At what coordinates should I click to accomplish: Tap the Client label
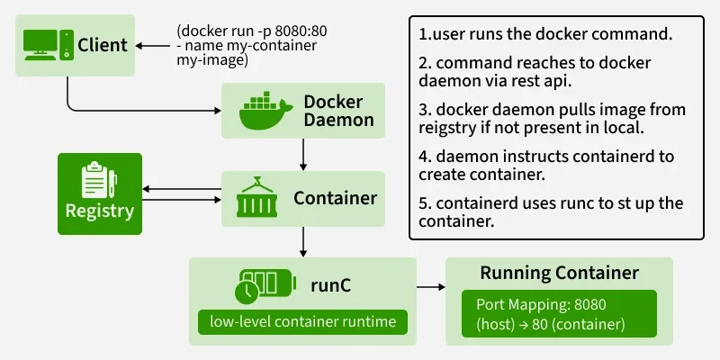(x=103, y=44)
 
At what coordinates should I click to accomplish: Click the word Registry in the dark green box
(x=99, y=212)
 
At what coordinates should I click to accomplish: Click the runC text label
(x=332, y=285)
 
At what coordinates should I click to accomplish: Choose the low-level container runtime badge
(x=302, y=321)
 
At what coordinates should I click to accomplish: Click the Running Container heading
(x=559, y=273)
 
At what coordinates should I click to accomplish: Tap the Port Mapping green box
(x=559, y=313)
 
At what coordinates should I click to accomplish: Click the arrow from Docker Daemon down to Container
(x=305, y=155)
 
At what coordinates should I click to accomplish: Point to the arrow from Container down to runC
(x=305, y=240)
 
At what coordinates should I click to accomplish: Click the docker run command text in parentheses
(x=251, y=46)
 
